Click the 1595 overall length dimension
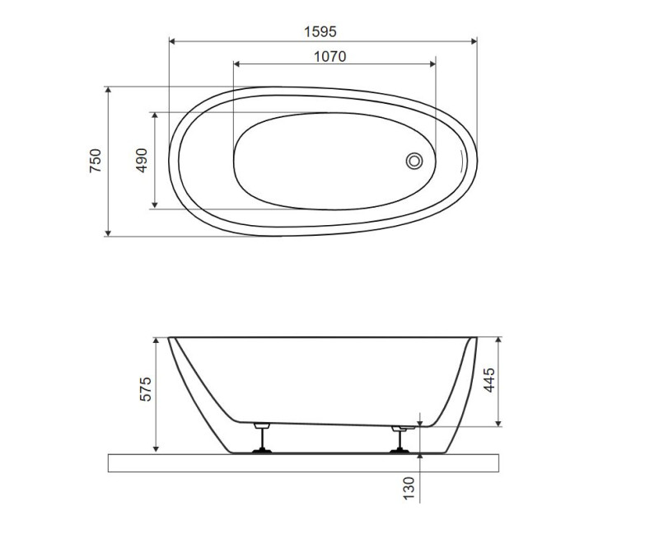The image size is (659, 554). coord(320,32)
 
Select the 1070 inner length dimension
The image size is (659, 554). coord(330,56)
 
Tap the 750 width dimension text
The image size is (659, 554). coord(96,161)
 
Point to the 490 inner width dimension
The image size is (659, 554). coord(142,160)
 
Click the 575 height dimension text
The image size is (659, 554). coord(146,389)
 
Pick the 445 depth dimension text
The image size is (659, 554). coord(489,380)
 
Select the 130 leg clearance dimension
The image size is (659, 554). coord(409,488)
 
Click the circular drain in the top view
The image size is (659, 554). coord(414,161)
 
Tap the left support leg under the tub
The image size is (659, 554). coord(262,438)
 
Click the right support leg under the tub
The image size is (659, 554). coord(400,439)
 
